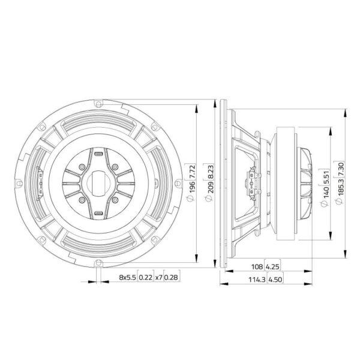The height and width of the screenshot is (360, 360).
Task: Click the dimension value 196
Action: (192, 187)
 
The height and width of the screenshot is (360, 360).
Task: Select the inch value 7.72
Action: (192, 171)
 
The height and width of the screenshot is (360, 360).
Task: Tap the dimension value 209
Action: (211, 187)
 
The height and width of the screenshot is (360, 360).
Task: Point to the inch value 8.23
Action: (211, 171)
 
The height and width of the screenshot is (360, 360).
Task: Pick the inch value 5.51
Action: (326, 177)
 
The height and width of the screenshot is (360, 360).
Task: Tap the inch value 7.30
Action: (341, 169)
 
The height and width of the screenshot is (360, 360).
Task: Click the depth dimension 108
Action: (257, 266)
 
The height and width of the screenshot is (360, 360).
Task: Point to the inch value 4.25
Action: (272, 266)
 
